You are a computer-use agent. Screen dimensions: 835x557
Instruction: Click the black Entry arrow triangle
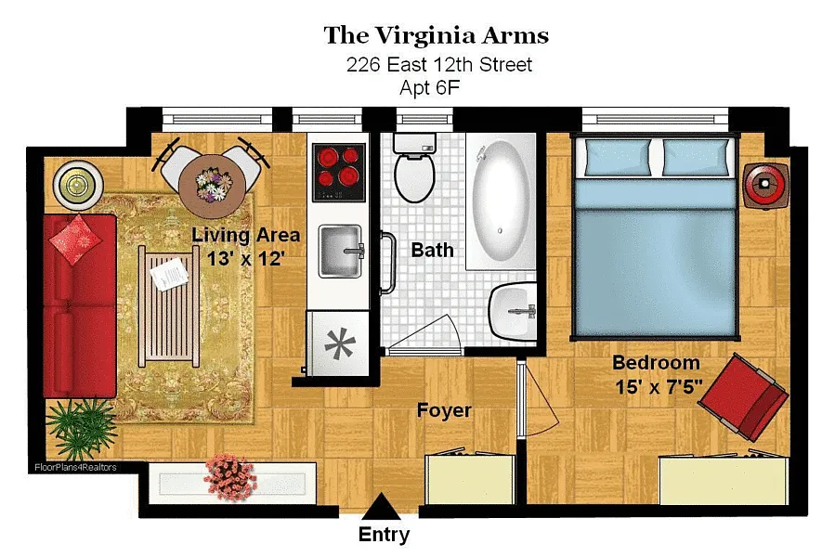(381, 507)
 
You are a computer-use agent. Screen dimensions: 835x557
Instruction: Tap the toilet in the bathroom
(414, 167)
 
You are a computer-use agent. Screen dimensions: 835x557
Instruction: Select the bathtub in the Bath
(501, 201)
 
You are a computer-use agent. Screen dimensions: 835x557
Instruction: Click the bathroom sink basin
(513, 312)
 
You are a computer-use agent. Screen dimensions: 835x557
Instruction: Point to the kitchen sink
(341, 251)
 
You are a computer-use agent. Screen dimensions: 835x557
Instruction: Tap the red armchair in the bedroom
(744, 396)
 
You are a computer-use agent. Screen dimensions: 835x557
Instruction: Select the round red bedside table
(765, 185)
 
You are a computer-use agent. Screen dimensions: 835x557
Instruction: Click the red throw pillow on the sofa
(75, 240)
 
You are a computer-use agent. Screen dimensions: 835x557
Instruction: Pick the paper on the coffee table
(169, 274)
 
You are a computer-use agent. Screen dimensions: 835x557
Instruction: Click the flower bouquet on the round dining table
(214, 183)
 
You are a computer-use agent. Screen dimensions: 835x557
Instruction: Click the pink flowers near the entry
(230, 476)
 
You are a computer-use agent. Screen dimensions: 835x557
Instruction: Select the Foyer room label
(444, 410)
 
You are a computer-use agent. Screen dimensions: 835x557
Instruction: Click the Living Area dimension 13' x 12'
(245, 259)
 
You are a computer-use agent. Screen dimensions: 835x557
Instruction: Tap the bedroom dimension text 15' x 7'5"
(659, 386)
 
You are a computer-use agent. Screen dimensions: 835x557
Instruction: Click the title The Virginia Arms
(437, 35)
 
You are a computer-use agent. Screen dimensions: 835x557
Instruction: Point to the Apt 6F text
(430, 87)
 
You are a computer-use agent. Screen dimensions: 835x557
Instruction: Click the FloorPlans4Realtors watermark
(75, 467)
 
